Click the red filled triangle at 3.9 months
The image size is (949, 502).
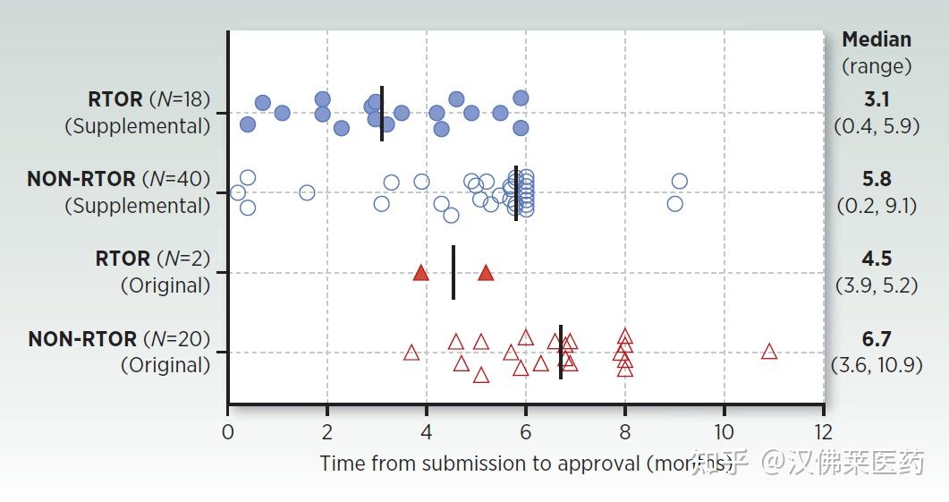421,273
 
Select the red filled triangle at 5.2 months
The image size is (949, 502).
486,273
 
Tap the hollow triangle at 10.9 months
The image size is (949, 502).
769,352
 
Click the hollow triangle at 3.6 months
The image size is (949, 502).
411,353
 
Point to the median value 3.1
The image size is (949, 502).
876,99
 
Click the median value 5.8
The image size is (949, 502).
876,179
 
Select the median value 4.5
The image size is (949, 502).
876,259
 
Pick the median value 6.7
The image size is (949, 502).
876,339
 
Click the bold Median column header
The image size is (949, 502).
877,39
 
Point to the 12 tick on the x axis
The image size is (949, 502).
823,431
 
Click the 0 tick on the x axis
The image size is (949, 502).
228,431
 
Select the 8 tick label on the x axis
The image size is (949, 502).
624,431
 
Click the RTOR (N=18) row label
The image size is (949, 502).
148,98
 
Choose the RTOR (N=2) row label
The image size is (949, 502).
152,259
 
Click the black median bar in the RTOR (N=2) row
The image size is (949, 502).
453,273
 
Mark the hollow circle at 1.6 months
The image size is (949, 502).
308,192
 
